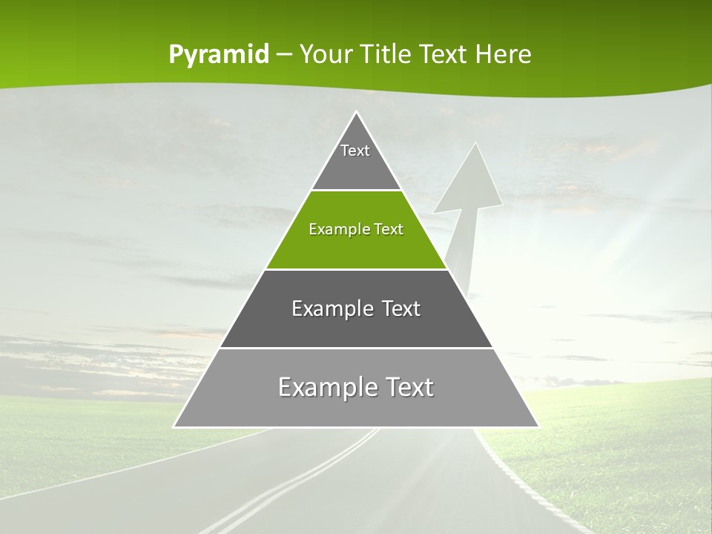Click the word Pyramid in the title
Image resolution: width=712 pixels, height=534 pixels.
[219, 55]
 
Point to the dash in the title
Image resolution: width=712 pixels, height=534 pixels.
[284, 55]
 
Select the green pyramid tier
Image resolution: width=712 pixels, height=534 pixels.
[356, 245]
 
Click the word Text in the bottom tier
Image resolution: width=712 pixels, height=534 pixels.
[407, 387]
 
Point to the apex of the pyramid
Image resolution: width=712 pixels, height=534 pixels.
[356, 113]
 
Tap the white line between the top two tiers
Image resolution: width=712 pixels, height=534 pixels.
[356, 190]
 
